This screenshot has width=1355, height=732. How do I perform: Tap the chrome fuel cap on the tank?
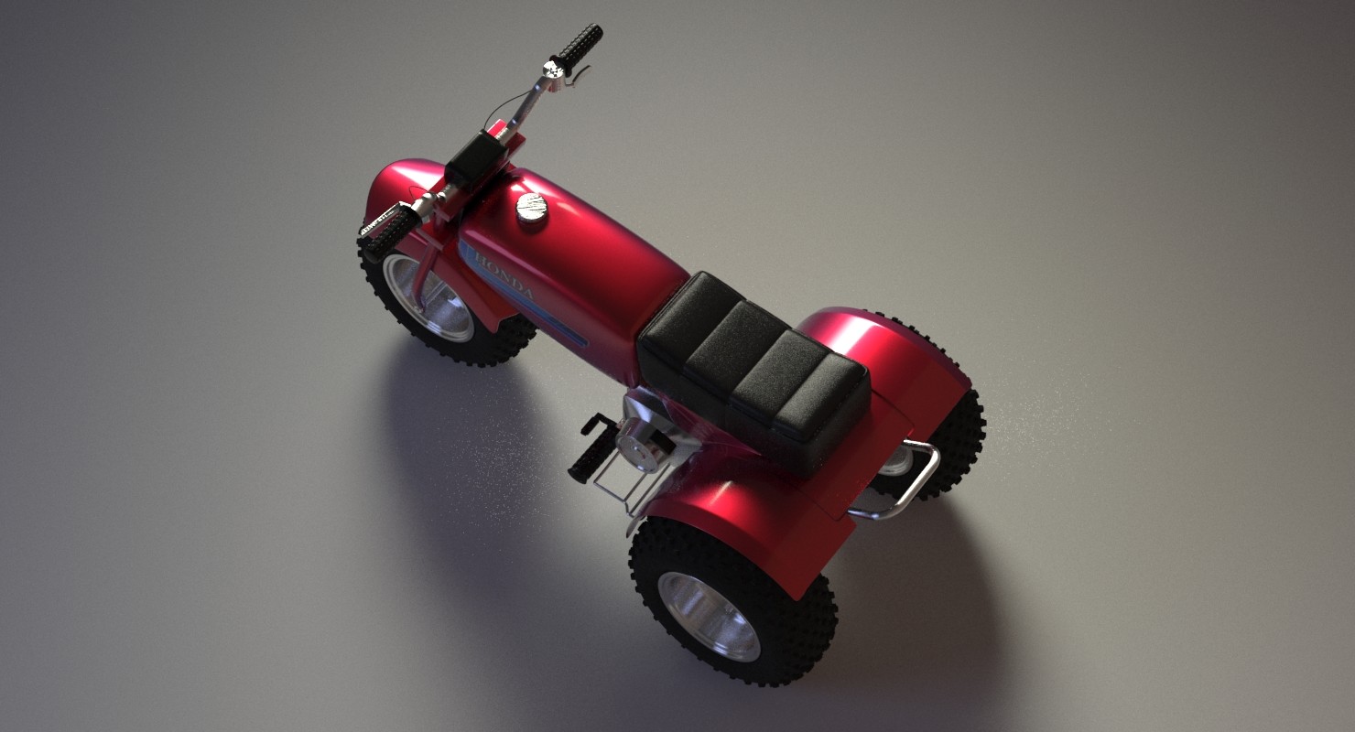[x=531, y=207]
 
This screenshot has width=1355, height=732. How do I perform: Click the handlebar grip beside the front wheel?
[x=390, y=232]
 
